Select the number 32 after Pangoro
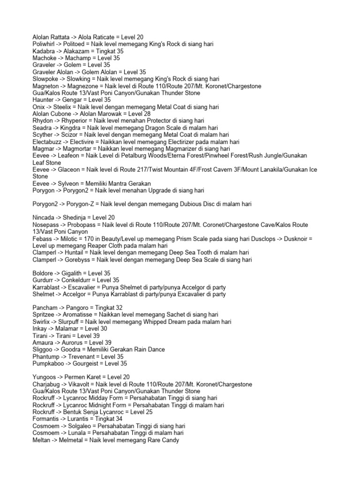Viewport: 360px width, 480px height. [120, 307]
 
